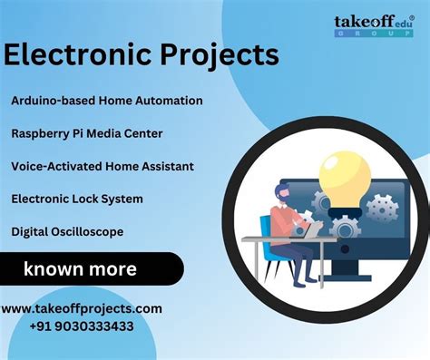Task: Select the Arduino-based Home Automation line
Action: click(107, 101)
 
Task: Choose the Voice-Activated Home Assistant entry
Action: click(103, 166)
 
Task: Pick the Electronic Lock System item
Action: click(77, 199)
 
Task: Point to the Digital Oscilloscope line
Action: click(67, 231)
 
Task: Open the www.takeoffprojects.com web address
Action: click(82, 308)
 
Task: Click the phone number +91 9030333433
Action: click(81, 326)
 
